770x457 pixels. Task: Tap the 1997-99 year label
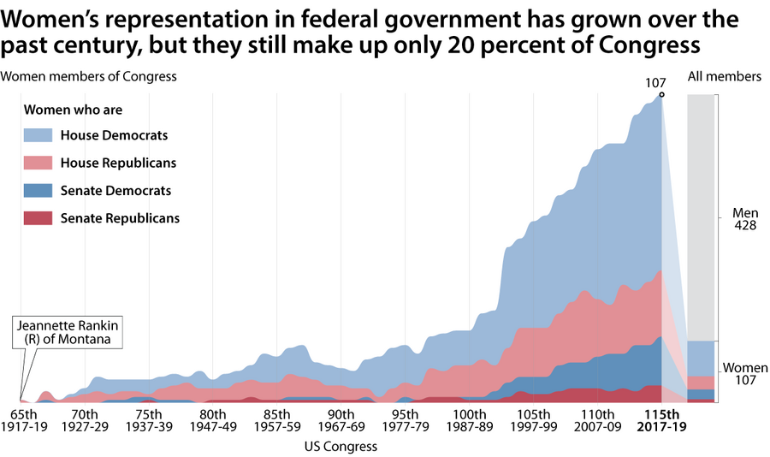tap(534, 426)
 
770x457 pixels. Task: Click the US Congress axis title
tap(341, 446)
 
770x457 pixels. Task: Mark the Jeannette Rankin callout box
tap(68, 332)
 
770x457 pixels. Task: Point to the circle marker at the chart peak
tap(661, 94)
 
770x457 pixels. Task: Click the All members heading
tap(724, 76)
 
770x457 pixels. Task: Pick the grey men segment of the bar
tap(702, 217)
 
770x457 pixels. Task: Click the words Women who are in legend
tap(74, 110)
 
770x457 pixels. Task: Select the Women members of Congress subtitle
tap(88, 76)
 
